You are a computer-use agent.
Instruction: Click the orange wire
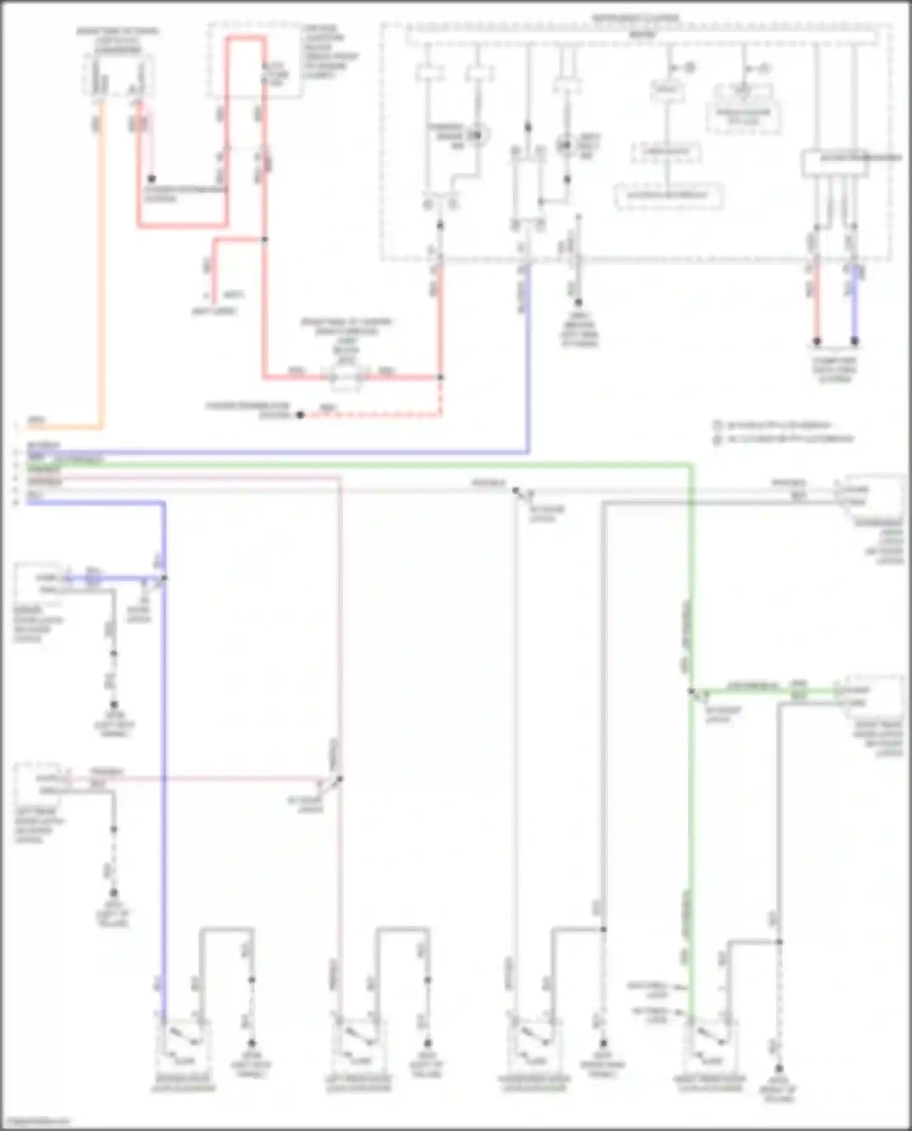pos(100,273)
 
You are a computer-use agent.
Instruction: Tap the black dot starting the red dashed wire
pos(300,415)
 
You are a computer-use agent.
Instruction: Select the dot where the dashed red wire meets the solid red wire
pos(441,377)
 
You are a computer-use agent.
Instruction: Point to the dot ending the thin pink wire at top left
pos(152,179)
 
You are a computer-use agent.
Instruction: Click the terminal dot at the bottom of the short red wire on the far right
pos(817,342)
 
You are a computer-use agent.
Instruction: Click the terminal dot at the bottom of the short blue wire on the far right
pos(854,342)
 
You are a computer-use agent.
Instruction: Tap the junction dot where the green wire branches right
pos(691,691)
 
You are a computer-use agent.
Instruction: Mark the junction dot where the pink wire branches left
pos(340,779)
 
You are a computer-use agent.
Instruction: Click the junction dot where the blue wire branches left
pos(164,578)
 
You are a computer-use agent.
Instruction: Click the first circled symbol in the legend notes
pos(717,425)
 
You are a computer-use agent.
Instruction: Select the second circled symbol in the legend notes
pos(717,439)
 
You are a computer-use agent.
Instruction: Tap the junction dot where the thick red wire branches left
pos(264,239)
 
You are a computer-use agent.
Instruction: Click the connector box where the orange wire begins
pos(118,76)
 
